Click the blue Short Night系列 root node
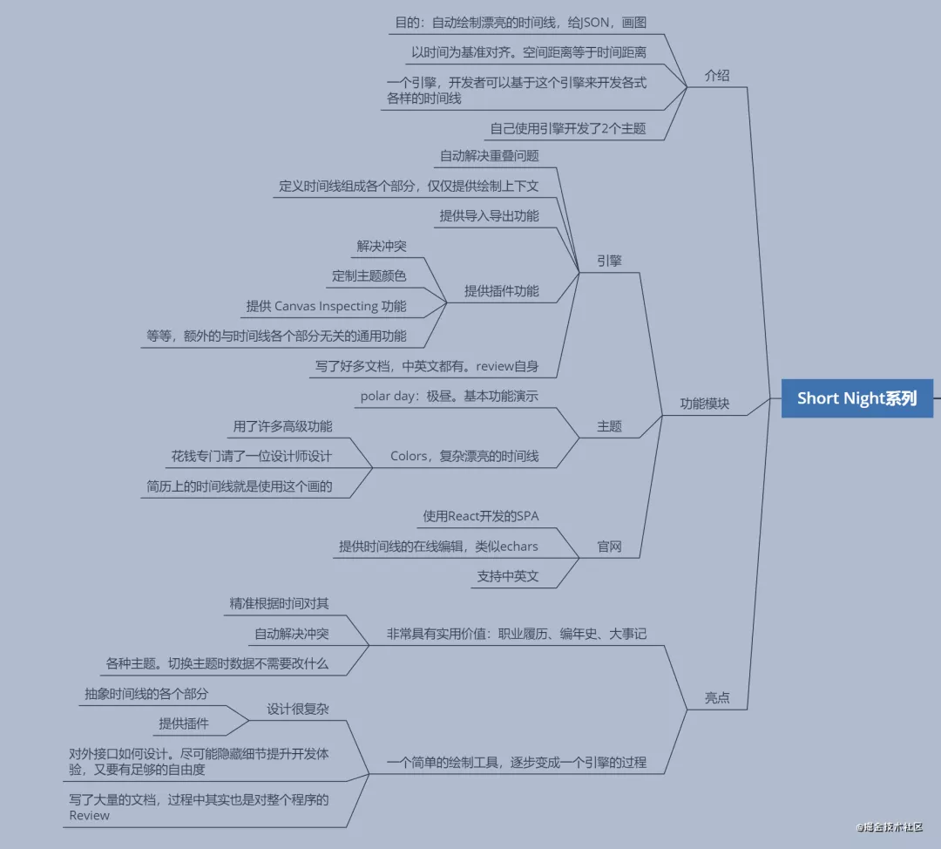point(856,398)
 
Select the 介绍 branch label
point(716,76)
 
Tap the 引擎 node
point(609,261)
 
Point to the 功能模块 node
point(704,404)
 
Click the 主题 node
point(609,426)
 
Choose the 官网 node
point(609,547)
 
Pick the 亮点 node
point(716,698)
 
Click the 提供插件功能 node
point(501,291)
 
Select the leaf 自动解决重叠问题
point(489,156)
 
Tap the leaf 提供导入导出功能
point(489,216)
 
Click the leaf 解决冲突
point(381,246)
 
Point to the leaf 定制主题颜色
point(369,276)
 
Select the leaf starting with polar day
point(449,396)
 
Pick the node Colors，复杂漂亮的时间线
point(464,456)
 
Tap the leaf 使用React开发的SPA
point(480,516)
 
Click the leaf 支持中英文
point(507,576)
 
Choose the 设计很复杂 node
point(297,710)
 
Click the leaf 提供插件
point(183,723)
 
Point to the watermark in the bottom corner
point(889,827)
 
